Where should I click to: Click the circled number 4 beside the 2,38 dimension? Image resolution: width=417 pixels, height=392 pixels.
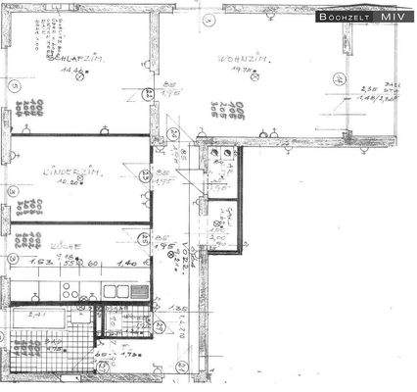[x=338, y=79]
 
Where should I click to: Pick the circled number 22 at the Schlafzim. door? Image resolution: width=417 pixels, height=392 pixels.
[x=147, y=94]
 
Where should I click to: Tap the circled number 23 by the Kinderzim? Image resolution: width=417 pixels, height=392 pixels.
[x=148, y=175]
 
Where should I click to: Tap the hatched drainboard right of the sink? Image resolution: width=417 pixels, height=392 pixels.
[x=139, y=291]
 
